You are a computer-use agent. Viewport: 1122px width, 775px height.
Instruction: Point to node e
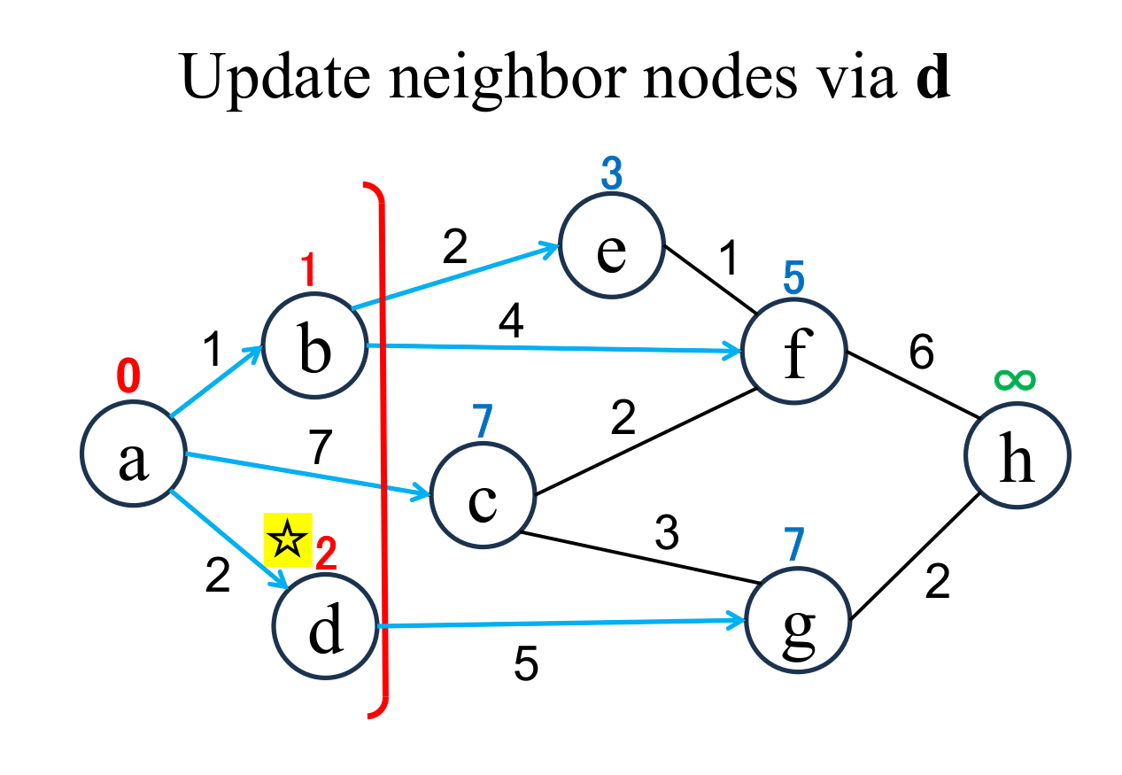[x=611, y=249]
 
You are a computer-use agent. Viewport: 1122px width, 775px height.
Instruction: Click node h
[x=1017, y=459]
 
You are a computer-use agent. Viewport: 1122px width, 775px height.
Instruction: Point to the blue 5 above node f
[x=793, y=279]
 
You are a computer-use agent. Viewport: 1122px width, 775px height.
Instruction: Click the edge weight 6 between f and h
[x=921, y=353]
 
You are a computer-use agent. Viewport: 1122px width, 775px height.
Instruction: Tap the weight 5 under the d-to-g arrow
[x=526, y=665]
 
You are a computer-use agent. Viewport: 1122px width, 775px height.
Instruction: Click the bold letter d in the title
[x=932, y=79]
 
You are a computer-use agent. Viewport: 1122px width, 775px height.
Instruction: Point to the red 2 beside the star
[x=326, y=554]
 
